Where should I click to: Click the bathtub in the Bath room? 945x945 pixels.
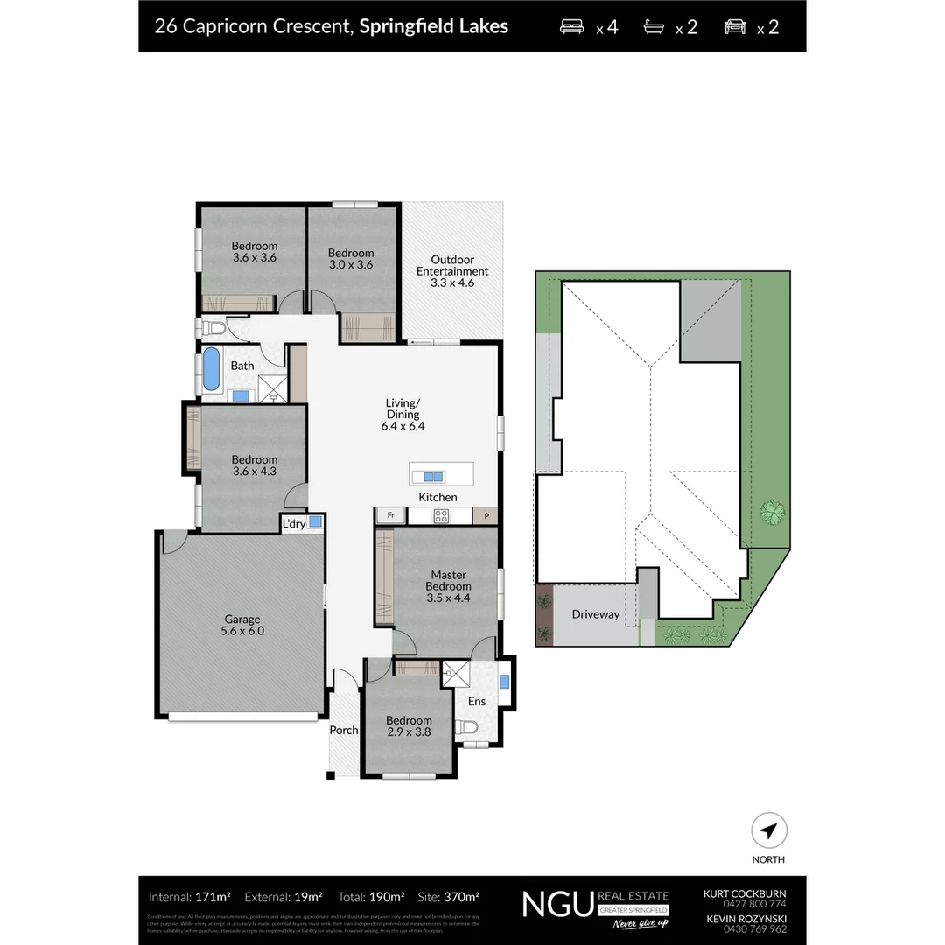(x=213, y=370)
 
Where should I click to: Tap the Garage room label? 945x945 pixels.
(x=242, y=625)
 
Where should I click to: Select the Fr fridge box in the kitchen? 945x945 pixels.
(x=391, y=516)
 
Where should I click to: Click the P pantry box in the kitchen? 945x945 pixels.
(x=486, y=516)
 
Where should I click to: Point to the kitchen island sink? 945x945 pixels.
(x=432, y=477)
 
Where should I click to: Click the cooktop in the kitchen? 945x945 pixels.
(x=441, y=516)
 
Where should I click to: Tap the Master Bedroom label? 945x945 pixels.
(x=448, y=586)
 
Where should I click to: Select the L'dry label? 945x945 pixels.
(x=293, y=524)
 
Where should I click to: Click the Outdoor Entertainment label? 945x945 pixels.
(x=452, y=271)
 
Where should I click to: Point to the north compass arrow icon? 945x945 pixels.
(x=769, y=830)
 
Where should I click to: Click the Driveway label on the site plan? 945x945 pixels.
(x=595, y=614)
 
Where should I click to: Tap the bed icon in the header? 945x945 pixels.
(x=572, y=26)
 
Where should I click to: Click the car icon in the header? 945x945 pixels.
(x=735, y=26)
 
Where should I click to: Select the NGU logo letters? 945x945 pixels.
(x=556, y=904)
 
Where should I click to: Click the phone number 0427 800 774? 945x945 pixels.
(x=745, y=904)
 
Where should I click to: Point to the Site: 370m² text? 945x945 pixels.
(x=449, y=897)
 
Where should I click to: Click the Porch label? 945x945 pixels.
(x=343, y=730)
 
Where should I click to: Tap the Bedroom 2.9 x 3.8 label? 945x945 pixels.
(x=409, y=726)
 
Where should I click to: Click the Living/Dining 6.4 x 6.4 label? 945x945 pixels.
(x=402, y=415)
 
